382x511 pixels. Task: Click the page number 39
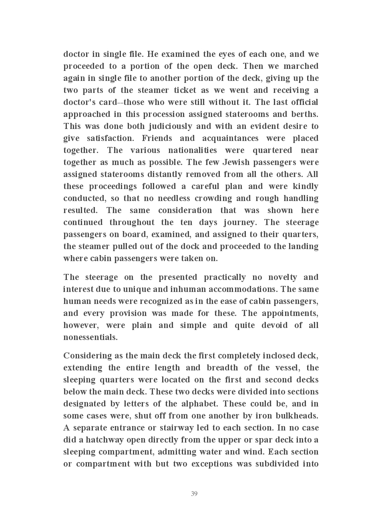194,494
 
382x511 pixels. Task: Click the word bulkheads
297,416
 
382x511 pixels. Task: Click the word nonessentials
90,337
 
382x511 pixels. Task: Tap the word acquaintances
230,138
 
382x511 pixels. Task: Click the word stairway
176,428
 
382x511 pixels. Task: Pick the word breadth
222,368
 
